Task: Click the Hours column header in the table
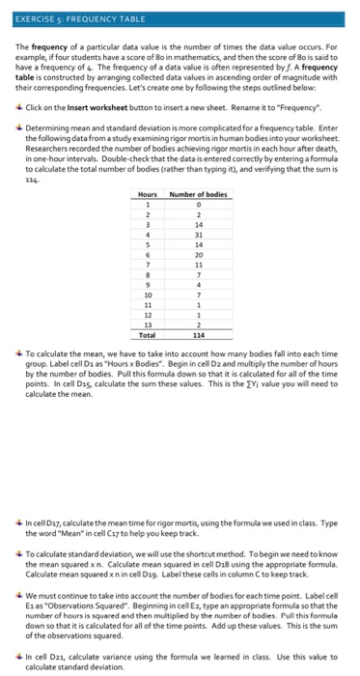click(x=147, y=194)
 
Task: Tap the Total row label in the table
click(x=147, y=346)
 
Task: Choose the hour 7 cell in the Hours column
click(x=147, y=264)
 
